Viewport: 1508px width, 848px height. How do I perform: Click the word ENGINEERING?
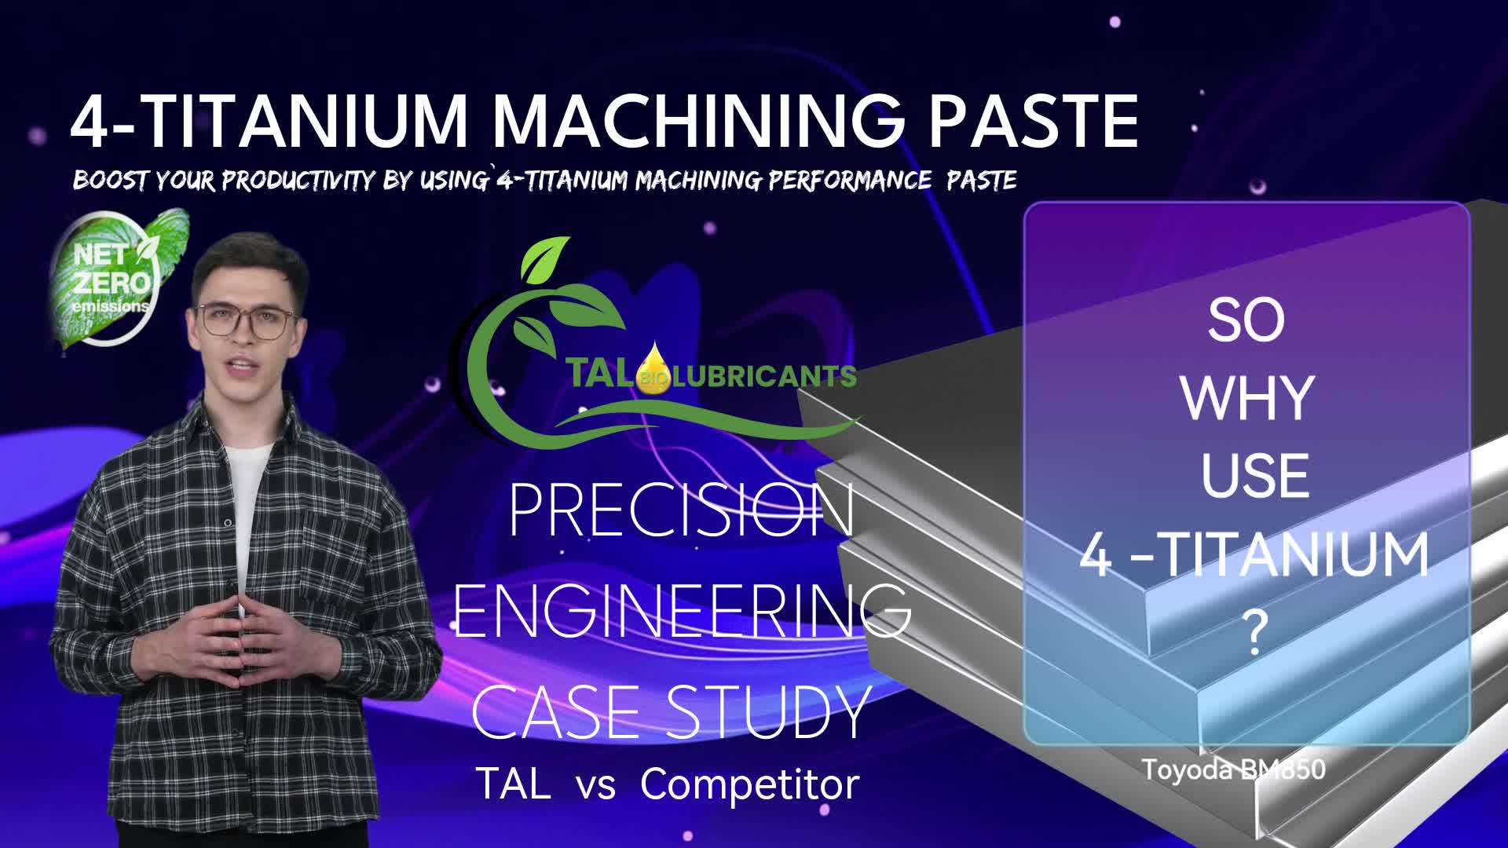coord(682,612)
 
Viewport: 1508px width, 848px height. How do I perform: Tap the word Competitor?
coord(750,784)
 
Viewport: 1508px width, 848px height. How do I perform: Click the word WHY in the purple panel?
coord(1246,398)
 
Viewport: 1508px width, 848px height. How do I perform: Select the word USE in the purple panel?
coord(1254,476)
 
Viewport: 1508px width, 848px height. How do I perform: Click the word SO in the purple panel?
coord(1246,320)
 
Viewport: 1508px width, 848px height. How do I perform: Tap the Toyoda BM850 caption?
coord(1233,769)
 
